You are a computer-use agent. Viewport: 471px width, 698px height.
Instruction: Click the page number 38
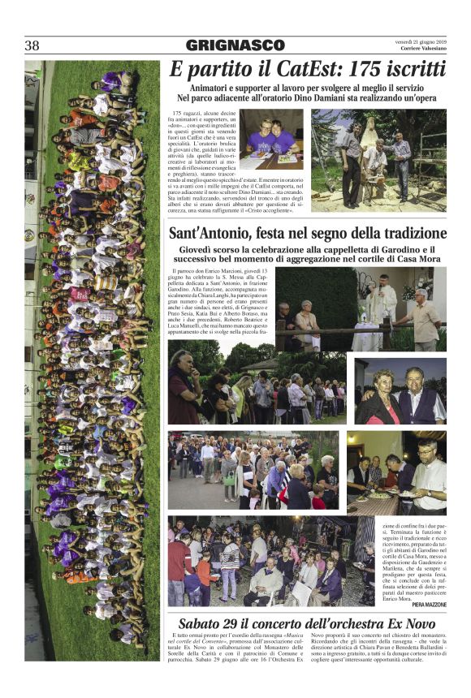32,45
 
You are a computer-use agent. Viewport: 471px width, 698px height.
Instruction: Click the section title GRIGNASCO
235,45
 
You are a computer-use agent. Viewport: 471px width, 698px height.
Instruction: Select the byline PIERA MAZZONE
423,605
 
